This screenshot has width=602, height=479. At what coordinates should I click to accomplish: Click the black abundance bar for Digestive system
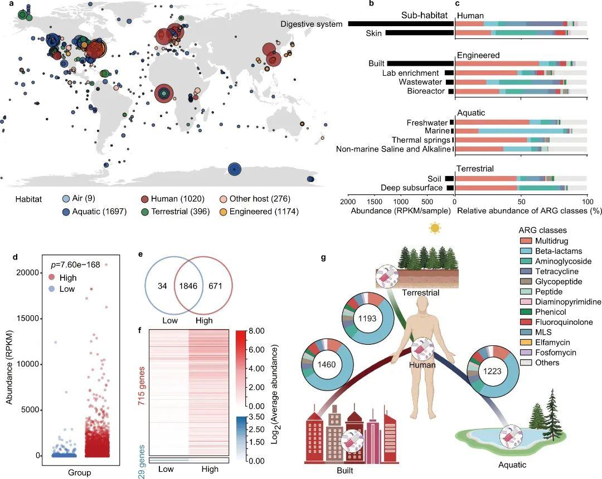(400, 24)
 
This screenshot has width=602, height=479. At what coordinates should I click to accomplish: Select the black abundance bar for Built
(420, 64)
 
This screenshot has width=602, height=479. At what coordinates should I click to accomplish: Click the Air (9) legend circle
(66, 199)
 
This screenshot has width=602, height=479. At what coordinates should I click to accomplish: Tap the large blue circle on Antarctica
(234, 169)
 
